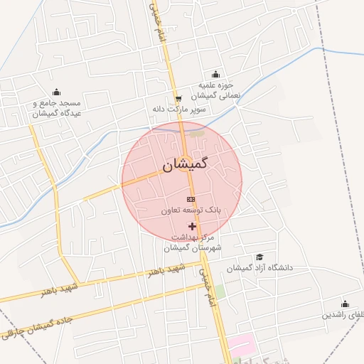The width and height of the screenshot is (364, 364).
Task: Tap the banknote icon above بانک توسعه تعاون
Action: (191, 200)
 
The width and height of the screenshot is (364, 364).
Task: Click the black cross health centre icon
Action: (192, 225)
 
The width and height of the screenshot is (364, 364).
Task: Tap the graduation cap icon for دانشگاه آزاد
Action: (260, 257)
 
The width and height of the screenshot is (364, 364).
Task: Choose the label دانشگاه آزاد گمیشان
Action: (260, 268)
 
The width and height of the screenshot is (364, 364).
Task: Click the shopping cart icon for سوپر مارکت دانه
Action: (178, 99)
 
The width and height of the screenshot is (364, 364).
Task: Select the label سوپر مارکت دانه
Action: (178, 110)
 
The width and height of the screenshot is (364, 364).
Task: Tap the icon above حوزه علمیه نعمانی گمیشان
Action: (215, 75)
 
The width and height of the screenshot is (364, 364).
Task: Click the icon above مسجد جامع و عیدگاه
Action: (57, 92)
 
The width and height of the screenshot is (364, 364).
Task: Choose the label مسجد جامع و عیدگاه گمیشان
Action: (57, 107)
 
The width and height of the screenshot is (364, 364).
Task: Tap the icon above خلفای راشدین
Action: (346, 304)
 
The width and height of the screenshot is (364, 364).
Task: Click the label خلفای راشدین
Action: (344, 314)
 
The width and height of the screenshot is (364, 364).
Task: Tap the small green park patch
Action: (220, 291)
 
